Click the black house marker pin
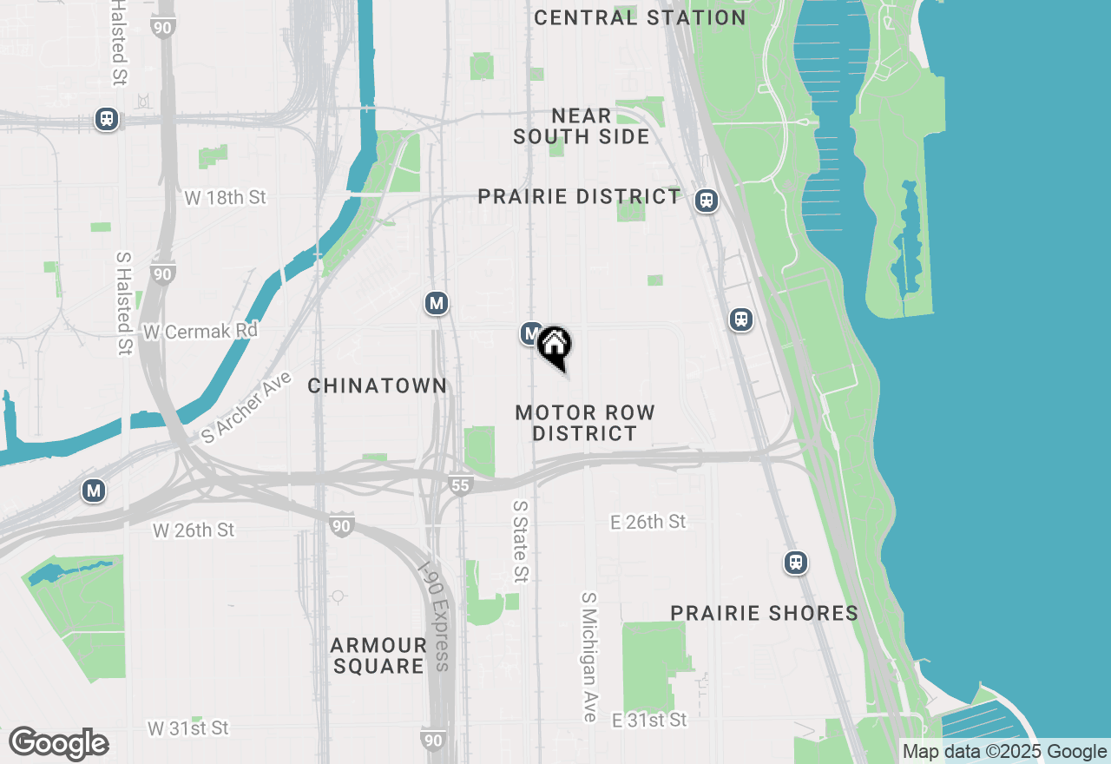(554, 346)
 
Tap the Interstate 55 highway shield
(460, 485)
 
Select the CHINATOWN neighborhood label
(378, 385)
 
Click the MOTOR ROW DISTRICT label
(584, 423)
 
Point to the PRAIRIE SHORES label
(764, 613)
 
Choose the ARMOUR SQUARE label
(378, 655)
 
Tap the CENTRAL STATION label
(640, 17)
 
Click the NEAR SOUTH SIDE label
(582, 126)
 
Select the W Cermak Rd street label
(201, 332)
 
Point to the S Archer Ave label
(247, 408)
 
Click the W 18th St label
(225, 198)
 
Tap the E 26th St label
(648, 522)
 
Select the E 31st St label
(649, 721)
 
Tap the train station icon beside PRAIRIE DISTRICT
(707, 201)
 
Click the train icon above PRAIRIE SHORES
(795, 563)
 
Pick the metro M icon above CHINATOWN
(436, 303)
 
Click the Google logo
(59, 743)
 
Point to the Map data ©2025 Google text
(1004, 752)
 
